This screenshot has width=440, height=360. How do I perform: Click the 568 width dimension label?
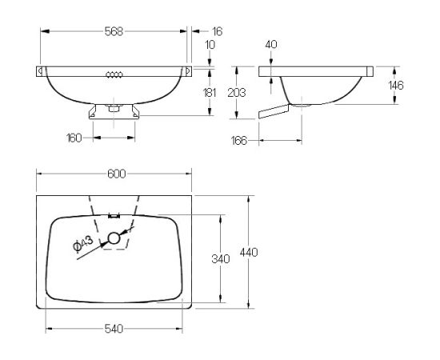coord(114,31)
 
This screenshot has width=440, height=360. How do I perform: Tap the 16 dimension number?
coord(218,31)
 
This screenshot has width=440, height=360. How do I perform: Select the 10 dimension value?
coord(210,45)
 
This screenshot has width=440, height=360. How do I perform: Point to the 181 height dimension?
coord(210,93)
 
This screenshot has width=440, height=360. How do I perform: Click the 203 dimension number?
coord(237,93)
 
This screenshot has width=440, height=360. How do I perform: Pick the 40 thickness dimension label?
coord(271,44)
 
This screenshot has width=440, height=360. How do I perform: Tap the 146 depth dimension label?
coord(396,86)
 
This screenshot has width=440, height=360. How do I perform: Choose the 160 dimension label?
coord(74,138)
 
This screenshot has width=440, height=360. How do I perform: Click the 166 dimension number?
coord(239,141)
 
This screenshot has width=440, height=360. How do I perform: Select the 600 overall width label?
coord(117,174)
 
